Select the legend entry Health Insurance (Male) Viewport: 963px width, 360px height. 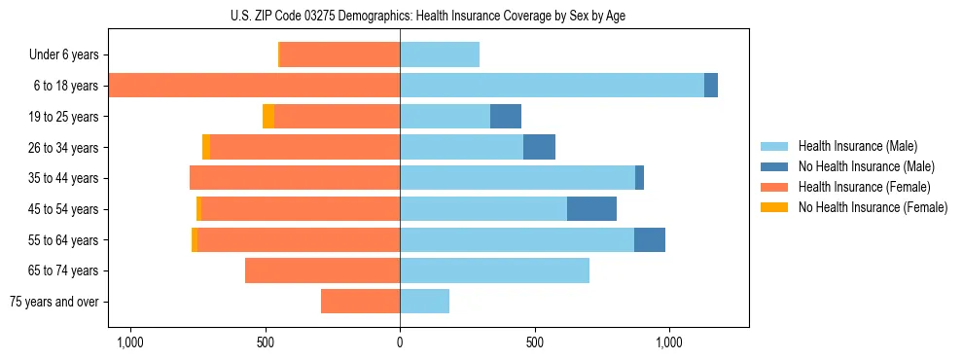857,146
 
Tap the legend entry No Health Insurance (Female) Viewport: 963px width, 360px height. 873,207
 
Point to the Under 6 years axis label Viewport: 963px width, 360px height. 63,55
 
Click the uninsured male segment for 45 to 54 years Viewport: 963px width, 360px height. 591,208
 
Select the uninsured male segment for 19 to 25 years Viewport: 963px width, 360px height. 506,117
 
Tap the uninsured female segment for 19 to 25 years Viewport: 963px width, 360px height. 268,117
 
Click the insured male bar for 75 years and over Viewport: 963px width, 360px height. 425,302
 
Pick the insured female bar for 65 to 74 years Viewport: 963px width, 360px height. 323,270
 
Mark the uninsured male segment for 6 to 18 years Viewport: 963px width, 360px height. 711,86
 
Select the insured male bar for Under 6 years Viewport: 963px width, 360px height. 440,55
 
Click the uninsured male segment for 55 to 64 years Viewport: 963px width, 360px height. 650,239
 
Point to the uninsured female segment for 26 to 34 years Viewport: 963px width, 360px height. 206,147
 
